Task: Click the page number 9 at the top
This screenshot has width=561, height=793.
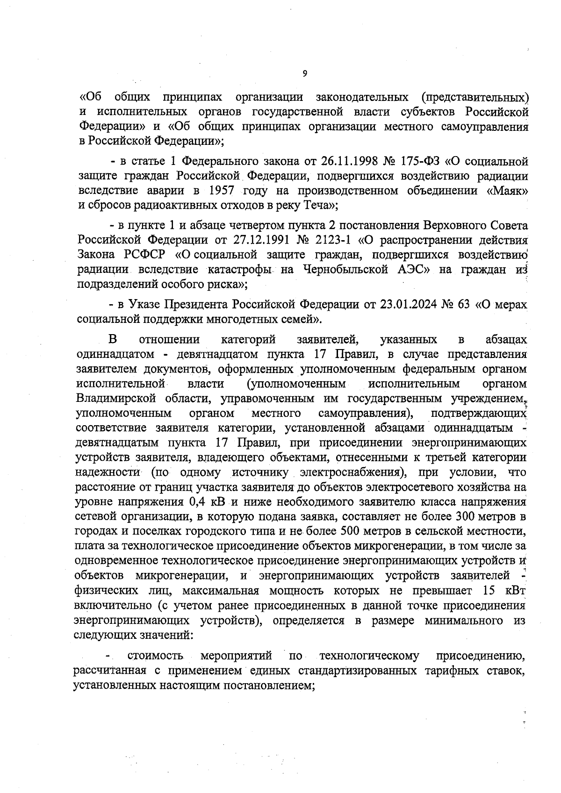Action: pyautogui.click(x=304, y=73)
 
